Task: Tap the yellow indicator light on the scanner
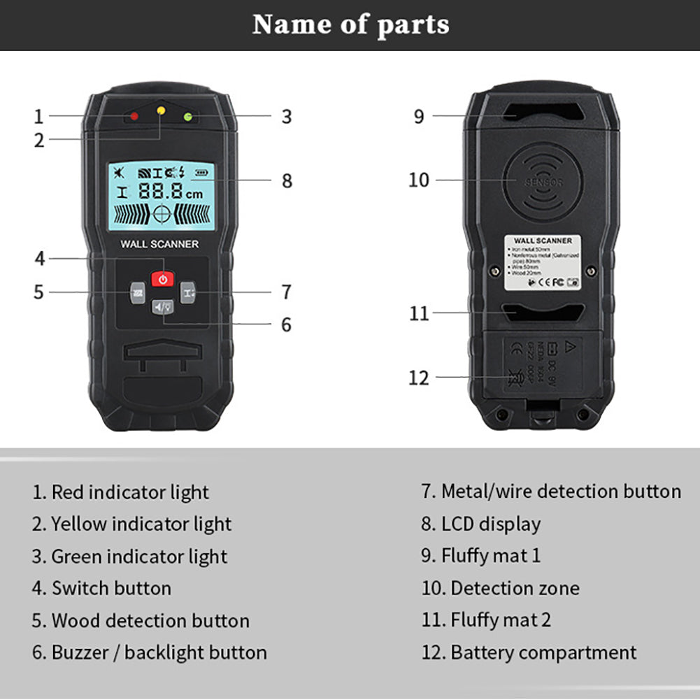[x=161, y=110]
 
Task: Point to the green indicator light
[x=187, y=116]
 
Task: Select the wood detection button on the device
[x=137, y=292]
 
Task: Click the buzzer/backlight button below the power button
[x=162, y=306]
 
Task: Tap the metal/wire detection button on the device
[x=188, y=292]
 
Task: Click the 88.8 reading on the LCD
[x=159, y=190]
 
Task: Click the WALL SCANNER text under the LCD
[x=159, y=244]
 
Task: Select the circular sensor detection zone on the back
[x=543, y=180]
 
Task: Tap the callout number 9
[x=419, y=116]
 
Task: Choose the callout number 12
[x=419, y=378]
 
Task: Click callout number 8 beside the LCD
[x=287, y=180]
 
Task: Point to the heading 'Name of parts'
[x=350, y=24]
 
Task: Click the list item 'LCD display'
[x=481, y=524]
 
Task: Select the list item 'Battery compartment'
[x=529, y=652]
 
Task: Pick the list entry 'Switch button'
[x=102, y=588]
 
